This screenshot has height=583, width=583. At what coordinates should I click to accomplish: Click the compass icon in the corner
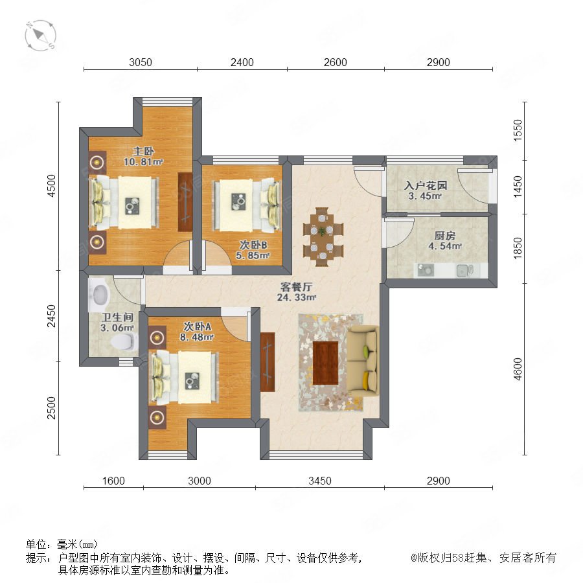point(41,36)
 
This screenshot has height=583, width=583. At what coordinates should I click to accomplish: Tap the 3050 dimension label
point(140,62)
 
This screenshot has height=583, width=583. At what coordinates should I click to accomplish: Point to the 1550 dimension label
point(518,130)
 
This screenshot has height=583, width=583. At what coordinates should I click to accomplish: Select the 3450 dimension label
point(320,481)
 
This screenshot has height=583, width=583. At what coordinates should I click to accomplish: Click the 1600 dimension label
point(113,481)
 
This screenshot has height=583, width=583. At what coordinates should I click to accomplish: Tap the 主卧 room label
point(144,152)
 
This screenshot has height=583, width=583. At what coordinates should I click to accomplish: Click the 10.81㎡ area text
point(144,162)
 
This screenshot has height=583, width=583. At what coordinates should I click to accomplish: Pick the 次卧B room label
point(253,245)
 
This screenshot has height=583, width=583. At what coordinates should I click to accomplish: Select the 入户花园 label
point(426,185)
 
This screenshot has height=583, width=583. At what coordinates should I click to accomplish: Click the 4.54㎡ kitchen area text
point(445,246)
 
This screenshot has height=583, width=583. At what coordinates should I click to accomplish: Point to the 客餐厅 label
point(296,287)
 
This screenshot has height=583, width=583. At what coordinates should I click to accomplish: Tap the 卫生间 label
point(117,317)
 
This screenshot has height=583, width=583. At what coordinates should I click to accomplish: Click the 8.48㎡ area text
point(197,337)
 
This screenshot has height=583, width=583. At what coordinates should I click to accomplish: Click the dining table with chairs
point(323,237)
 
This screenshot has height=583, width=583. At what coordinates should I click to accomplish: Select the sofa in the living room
point(363,361)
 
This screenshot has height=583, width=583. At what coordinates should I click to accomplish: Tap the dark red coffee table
point(325,363)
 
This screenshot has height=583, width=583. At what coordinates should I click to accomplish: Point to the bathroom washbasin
point(98,295)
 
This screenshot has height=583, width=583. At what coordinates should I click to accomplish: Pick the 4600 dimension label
point(518,369)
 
